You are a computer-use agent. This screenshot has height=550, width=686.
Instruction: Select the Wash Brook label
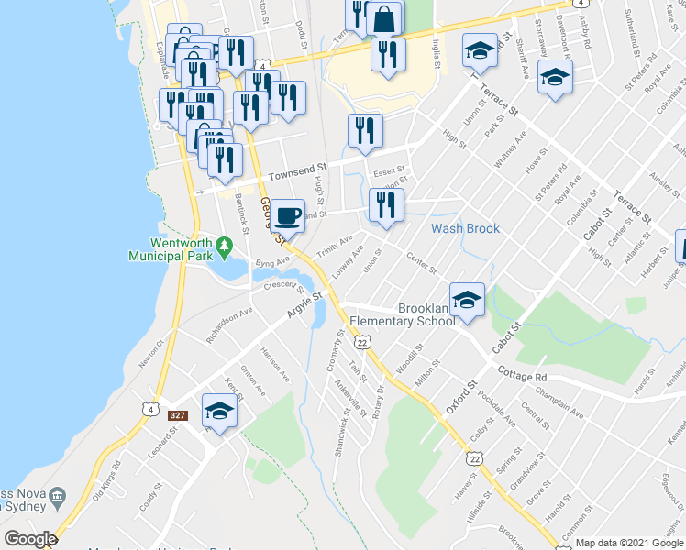click(x=465, y=228)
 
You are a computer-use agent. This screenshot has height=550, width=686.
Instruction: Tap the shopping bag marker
click(x=386, y=18)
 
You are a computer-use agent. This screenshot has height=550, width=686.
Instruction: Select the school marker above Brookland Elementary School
click(x=467, y=300)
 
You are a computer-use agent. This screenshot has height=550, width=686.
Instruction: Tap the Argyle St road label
click(x=305, y=305)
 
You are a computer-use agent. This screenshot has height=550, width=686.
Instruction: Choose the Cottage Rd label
click(x=522, y=375)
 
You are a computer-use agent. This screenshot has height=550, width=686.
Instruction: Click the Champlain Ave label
click(x=560, y=407)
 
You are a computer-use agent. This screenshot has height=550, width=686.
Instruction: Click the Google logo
click(x=31, y=539)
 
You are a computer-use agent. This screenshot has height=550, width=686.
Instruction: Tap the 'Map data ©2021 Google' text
click(x=629, y=543)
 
